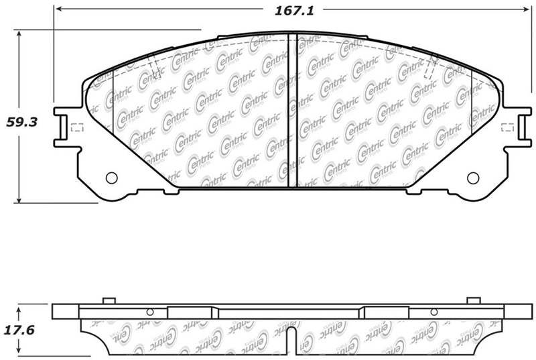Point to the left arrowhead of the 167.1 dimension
click(x=58, y=11)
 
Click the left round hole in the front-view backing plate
click(x=112, y=178)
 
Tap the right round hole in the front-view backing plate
click(x=473, y=178)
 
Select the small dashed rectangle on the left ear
click(x=76, y=127)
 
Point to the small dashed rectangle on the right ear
click(x=508, y=127)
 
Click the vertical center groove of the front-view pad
click(x=288, y=111)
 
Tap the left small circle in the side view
click(x=150, y=312)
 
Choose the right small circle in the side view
click(x=433, y=312)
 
